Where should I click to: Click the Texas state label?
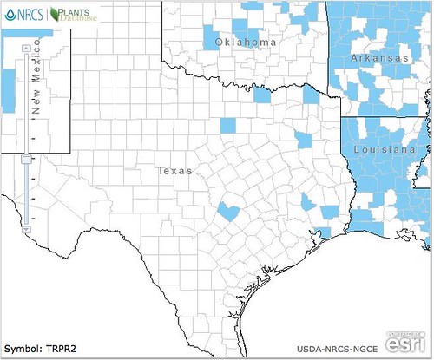[174, 171]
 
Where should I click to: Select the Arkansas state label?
[379, 57]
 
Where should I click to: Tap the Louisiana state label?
[383, 150]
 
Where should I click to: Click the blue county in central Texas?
[228, 211]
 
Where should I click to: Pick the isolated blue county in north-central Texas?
[227, 125]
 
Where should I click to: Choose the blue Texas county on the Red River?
[262, 95]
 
